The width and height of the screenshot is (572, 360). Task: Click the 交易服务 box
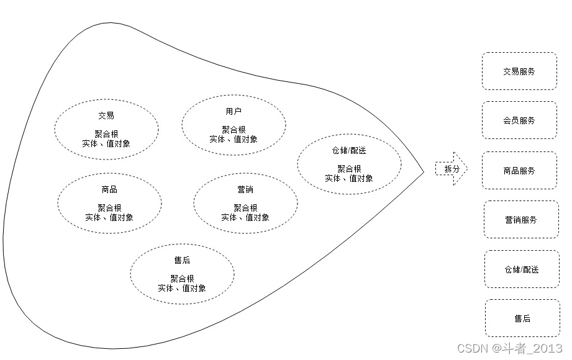point(519,71)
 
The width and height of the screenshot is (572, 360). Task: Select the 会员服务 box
point(519,120)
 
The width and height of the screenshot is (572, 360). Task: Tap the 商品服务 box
point(519,171)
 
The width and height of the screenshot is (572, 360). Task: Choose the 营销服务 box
point(521,220)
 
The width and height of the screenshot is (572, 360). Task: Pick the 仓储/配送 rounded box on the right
point(522,269)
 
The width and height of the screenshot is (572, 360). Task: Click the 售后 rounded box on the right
point(522,318)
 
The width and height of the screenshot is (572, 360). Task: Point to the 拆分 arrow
point(450,169)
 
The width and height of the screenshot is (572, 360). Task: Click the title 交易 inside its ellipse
point(106,115)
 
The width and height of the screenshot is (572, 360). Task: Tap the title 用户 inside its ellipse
point(234,111)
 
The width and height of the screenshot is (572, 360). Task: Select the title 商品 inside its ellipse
point(109,189)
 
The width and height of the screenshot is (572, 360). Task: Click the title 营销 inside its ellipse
point(245,189)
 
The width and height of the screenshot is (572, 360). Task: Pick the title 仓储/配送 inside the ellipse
point(349,150)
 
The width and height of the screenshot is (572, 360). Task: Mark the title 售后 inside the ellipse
point(182,260)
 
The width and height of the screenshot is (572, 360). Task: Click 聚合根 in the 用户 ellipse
point(234,130)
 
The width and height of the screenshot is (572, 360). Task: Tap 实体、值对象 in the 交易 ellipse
point(106,143)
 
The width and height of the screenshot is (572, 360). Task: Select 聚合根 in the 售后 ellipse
point(182,279)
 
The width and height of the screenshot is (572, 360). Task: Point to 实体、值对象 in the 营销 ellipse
point(245,217)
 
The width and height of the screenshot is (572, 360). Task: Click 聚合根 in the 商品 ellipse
point(109,208)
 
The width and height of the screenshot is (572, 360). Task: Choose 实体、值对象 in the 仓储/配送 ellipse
point(349,178)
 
